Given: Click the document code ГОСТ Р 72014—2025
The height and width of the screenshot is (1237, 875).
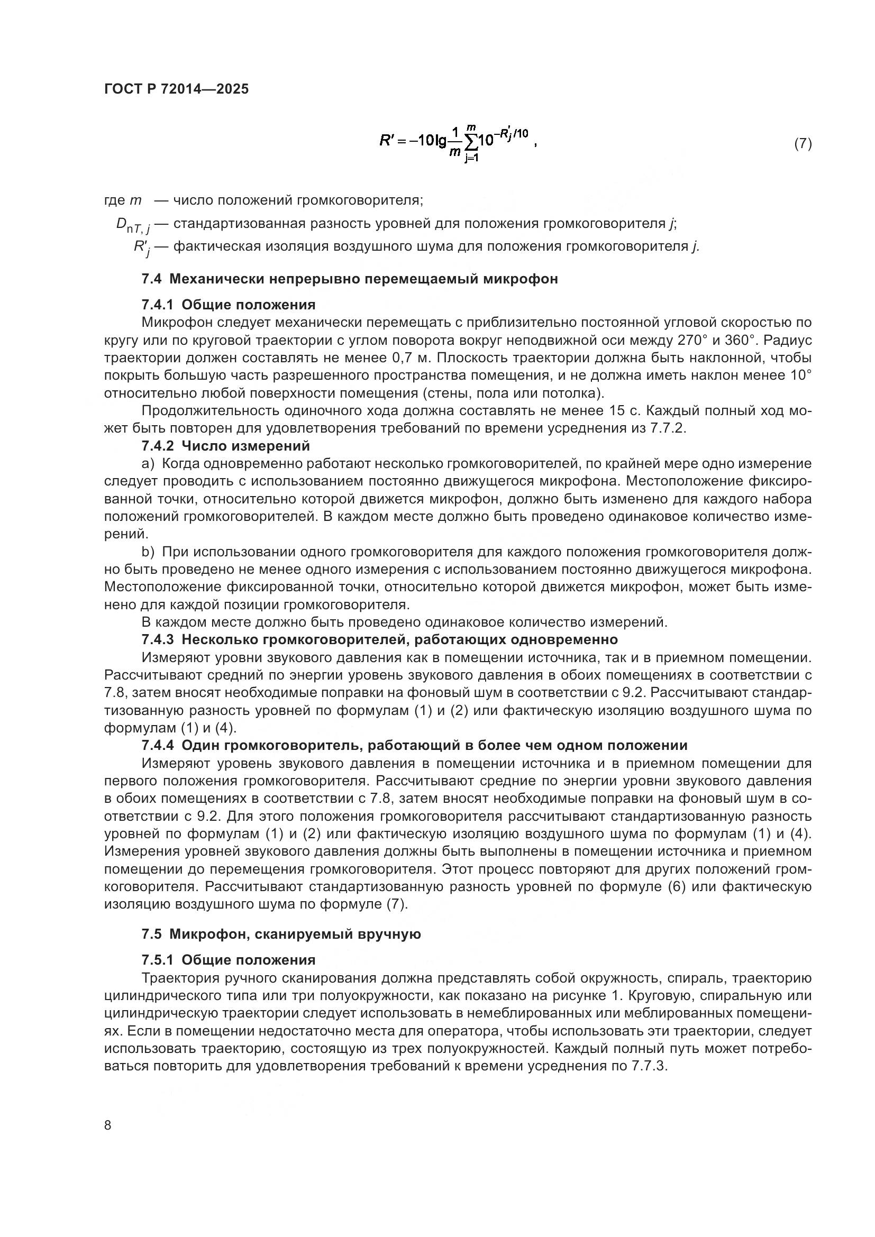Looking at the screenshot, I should pos(176,89).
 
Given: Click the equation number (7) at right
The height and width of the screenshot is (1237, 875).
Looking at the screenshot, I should pos(803,143).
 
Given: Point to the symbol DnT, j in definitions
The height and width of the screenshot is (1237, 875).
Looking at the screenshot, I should pos(133,225).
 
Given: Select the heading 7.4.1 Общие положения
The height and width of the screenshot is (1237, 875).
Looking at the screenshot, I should pos(229,305).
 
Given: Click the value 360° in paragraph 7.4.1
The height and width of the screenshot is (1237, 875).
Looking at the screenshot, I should pos(740,341).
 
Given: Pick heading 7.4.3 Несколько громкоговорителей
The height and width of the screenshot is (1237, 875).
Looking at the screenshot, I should pos(379,639).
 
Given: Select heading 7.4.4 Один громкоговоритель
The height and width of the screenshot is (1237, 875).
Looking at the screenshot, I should pos(414,746).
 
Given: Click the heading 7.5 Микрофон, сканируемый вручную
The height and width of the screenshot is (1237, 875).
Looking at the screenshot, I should pos(281,934).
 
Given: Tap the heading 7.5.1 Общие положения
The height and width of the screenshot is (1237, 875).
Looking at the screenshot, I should pos(229,960).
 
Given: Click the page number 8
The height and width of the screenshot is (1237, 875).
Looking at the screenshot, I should pos(108,1125).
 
